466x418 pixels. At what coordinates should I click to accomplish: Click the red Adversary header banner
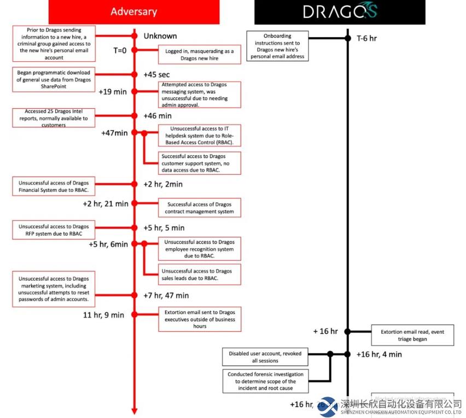point(133,11)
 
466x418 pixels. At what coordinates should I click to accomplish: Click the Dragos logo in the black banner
point(340,11)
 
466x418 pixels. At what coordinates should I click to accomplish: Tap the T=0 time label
point(120,51)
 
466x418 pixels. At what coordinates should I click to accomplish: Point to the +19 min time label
point(113,91)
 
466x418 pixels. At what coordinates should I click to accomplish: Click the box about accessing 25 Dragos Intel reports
point(54,118)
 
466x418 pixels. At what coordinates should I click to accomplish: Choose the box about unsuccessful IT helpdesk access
point(199,136)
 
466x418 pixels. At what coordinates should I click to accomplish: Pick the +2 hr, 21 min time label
point(106,204)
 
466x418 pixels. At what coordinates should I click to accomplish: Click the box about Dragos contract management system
point(199,208)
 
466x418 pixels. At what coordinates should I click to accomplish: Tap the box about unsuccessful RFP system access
point(54,229)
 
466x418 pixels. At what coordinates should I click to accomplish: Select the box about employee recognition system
point(199,249)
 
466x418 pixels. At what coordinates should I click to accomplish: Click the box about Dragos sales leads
point(199,274)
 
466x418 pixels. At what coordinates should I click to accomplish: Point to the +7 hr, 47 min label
point(166,296)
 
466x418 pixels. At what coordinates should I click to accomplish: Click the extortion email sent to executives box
point(199,319)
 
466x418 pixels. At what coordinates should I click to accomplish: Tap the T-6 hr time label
point(366,38)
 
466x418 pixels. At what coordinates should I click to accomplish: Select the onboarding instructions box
point(277,46)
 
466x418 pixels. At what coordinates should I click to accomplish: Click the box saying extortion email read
point(412,335)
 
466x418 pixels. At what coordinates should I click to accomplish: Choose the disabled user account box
point(264,357)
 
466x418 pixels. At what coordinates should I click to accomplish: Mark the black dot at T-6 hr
point(347,38)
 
